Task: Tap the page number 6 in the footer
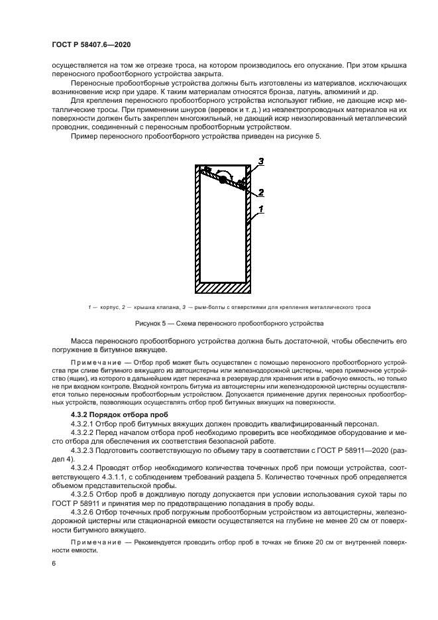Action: click(x=53, y=563)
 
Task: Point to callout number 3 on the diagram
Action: click(x=261, y=161)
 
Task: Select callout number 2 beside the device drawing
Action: click(x=261, y=192)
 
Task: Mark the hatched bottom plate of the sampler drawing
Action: click(x=223, y=287)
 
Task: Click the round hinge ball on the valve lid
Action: click(x=223, y=178)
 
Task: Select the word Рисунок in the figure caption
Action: click(x=149, y=324)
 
